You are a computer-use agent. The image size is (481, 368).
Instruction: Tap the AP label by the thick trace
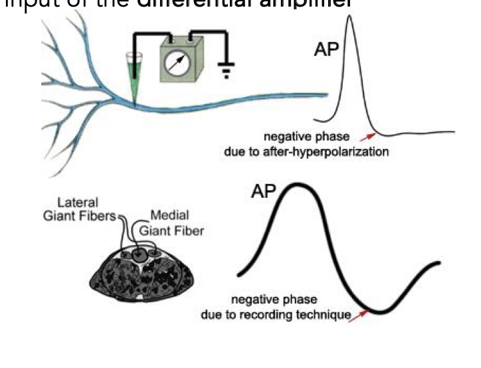[264, 192]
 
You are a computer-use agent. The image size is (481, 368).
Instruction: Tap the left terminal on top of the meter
[165, 39]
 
